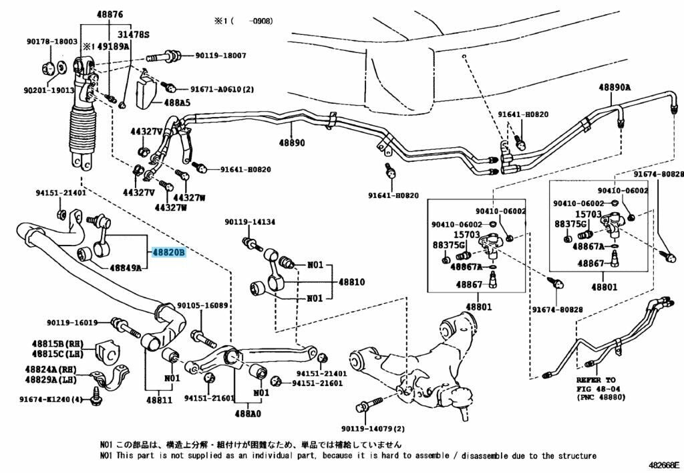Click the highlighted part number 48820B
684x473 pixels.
(x=168, y=253)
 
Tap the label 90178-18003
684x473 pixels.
(x=52, y=41)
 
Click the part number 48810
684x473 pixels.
(x=351, y=282)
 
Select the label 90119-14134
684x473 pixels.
(x=250, y=222)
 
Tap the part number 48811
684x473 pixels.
(x=160, y=401)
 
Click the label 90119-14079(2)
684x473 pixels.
(x=373, y=429)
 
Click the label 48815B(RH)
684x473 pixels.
(x=56, y=343)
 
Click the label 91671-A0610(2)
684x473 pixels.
(x=222, y=88)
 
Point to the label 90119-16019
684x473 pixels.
(x=72, y=322)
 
